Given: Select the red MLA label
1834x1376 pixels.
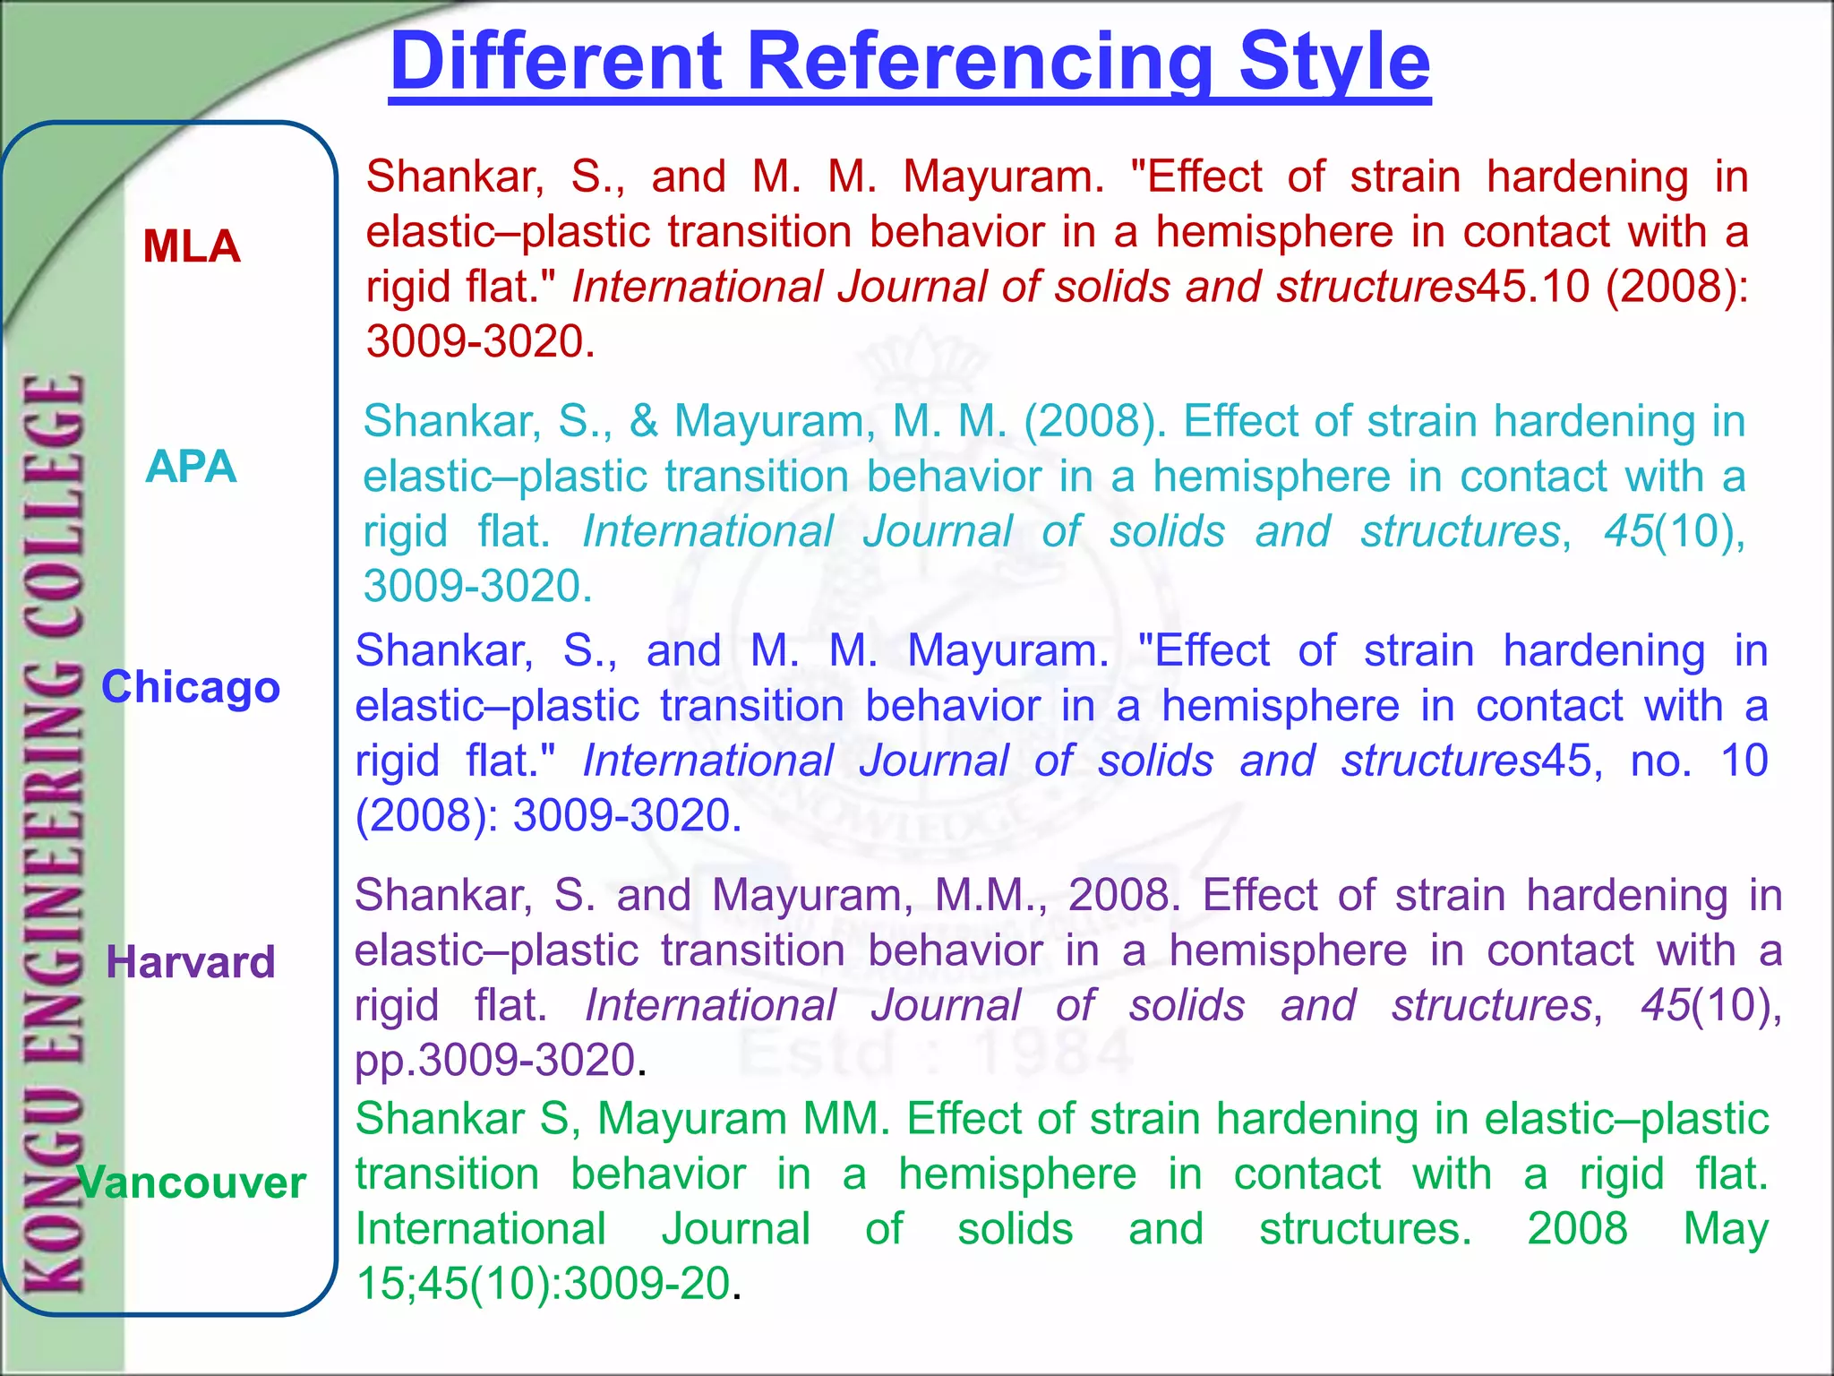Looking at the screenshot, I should pyautogui.click(x=192, y=246).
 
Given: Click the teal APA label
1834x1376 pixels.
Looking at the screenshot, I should pyautogui.click(x=191, y=466).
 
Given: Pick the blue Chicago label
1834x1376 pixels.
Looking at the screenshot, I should pyautogui.click(x=191, y=687).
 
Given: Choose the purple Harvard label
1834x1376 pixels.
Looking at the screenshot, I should pyautogui.click(x=191, y=962).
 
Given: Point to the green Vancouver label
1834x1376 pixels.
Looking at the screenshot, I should pyautogui.click(x=193, y=1182).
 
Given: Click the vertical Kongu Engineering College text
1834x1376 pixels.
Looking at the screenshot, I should pyautogui.click(x=54, y=833).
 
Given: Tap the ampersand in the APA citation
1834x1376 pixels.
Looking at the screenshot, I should pyautogui.click(x=643, y=421).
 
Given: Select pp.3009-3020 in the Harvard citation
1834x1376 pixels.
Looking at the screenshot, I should pyautogui.click(x=495, y=1061).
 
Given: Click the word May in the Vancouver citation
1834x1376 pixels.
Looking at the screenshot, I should pyautogui.click(x=1725, y=1228).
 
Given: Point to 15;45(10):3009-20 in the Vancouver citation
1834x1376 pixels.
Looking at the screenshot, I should pyautogui.click(x=544, y=1284).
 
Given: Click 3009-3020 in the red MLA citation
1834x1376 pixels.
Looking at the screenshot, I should pyautogui.click(x=475, y=341).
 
